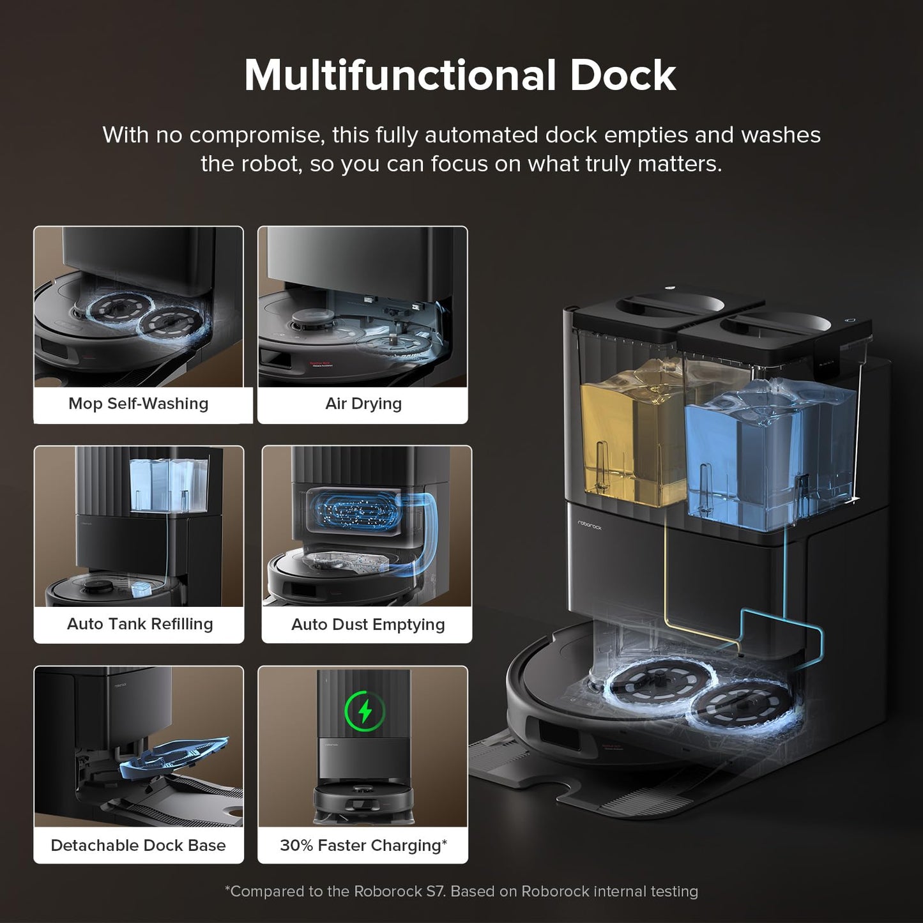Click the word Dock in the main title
click(622, 75)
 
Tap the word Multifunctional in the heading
click(400, 75)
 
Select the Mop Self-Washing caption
click(139, 404)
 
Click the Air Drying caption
click(363, 404)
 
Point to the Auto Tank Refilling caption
click(140, 623)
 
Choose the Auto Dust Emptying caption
click(368, 624)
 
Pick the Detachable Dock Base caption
click(138, 845)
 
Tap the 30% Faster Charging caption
click(363, 845)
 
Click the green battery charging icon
click(365, 710)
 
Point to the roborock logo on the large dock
click(590, 525)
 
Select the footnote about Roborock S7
click(461, 891)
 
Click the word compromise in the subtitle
click(256, 135)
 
